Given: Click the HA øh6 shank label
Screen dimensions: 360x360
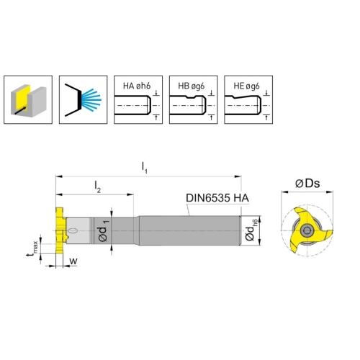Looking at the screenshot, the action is (x=137, y=86).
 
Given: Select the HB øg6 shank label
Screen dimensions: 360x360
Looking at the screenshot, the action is (x=192, y=86).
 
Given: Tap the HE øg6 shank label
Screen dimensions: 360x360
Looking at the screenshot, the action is (x=246, y=86).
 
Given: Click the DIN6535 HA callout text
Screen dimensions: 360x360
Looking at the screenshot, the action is (x=217, y=198).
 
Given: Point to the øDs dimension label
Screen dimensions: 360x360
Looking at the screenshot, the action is (x=307, y=184).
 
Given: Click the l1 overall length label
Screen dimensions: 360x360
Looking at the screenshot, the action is (x=145, y=167).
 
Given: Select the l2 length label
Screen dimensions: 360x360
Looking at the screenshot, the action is (x=97, y=187).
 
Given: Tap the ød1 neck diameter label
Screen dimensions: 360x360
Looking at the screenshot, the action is (x=104, y=230).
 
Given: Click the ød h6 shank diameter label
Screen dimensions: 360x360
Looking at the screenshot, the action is (x=251, y=230).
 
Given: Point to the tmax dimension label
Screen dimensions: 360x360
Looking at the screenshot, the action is (x=32, y=248).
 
